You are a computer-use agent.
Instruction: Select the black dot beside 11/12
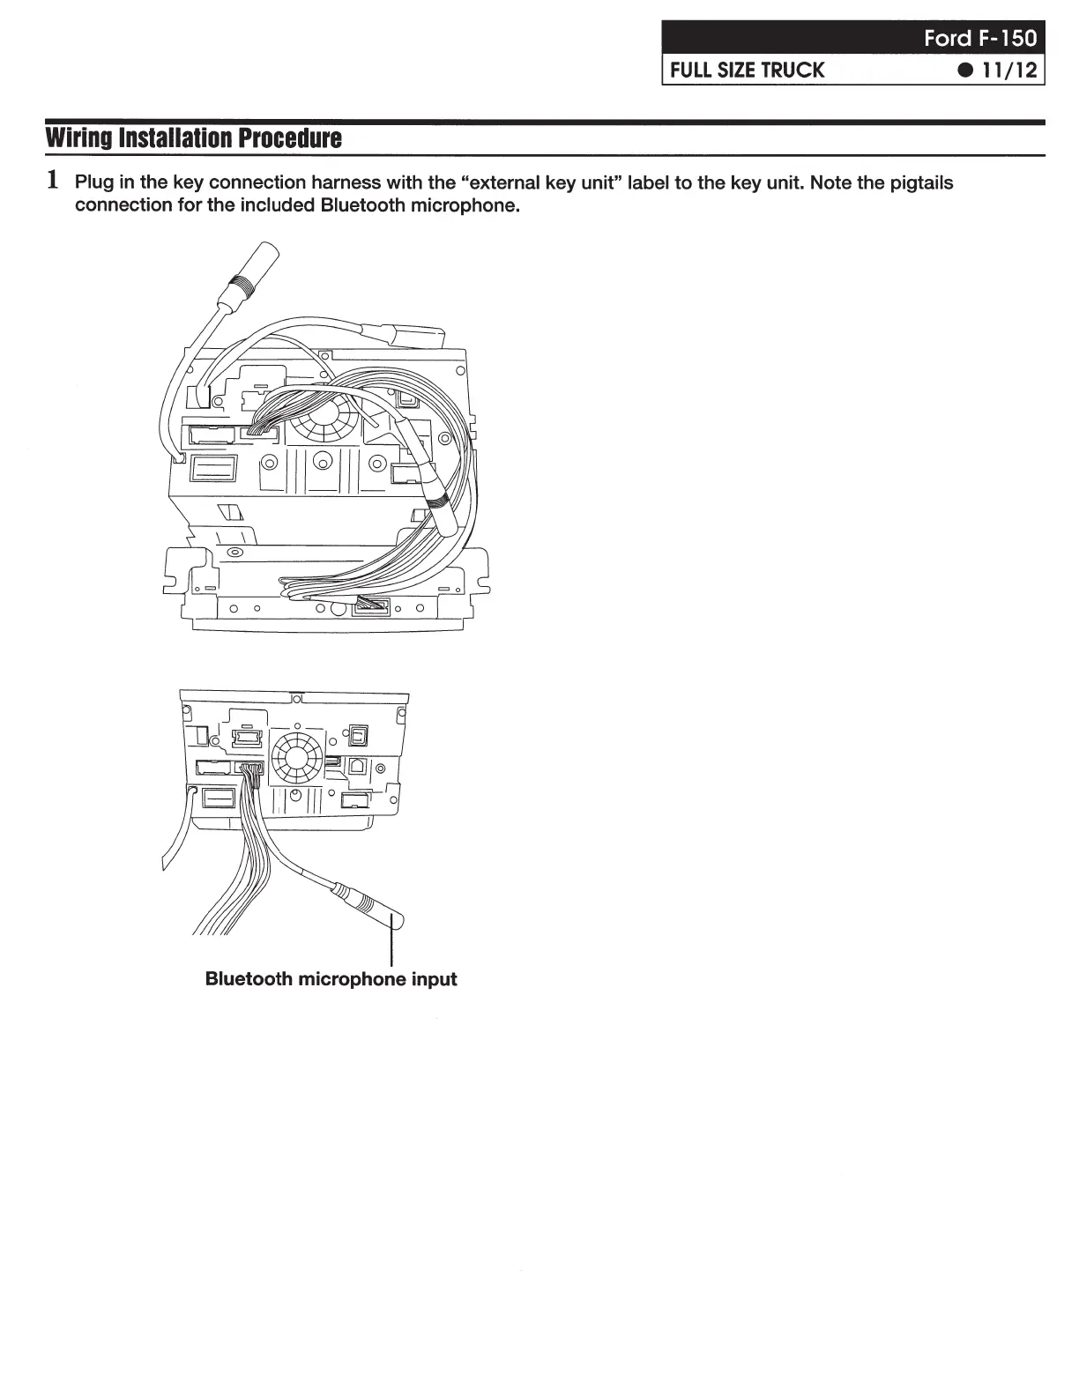click(x=969, y=70)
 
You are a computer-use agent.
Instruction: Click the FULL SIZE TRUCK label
click(x=747, y=70)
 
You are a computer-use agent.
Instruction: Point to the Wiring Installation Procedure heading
click(x=193, y=138)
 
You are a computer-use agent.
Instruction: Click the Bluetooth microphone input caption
click(x=331, y=978)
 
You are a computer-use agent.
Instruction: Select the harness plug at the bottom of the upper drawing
click(x=370, y=605)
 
